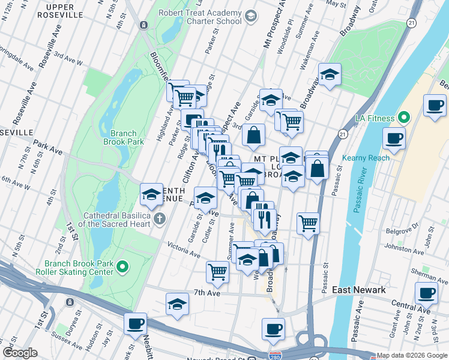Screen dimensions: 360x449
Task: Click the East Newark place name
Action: (x=358, y=290)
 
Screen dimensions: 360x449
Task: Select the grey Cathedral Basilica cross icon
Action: (x=160, y=218)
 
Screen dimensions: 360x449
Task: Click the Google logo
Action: (x=20, y=353)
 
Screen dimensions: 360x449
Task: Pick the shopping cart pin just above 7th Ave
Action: (x=217, y=271)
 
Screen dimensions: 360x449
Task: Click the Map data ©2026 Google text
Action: (x=412, y=355)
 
